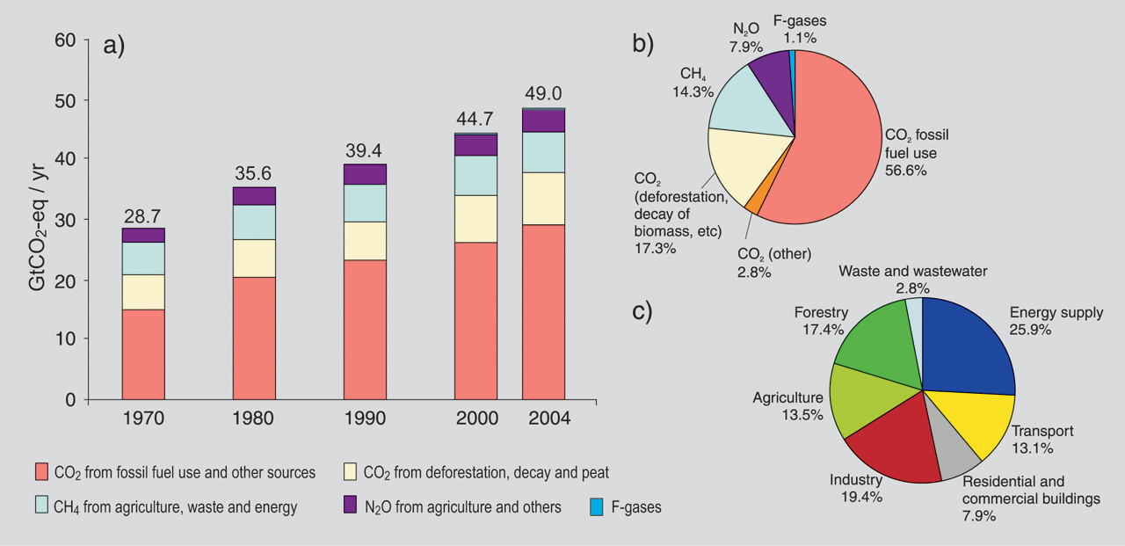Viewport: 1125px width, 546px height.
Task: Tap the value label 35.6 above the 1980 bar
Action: [x=254, y=172]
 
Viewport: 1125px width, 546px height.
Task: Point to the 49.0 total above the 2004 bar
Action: [x=543, y=93]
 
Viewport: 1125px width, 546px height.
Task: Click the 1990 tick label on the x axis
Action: [x=365, y=419]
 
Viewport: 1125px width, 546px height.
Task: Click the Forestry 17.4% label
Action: [x=822, y=321]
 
